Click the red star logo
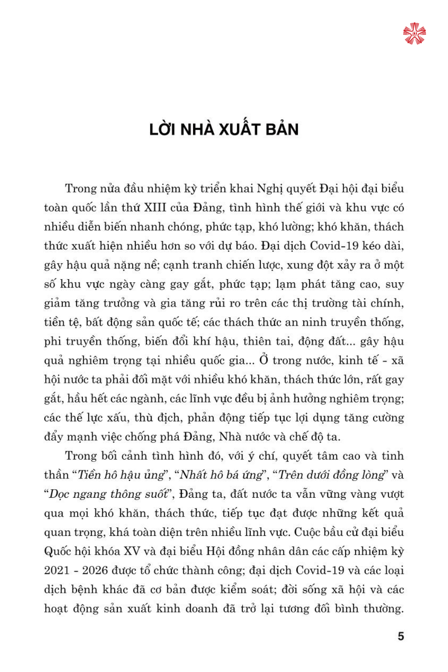(x=414, y=34)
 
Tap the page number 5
(x=401, y=636)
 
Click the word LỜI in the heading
(x=161, y=129)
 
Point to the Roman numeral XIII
(x=155, y=208)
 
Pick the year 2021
(x=57, y=571)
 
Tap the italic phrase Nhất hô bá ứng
(x=221, y=475)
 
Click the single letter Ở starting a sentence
(x=263, y=361)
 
